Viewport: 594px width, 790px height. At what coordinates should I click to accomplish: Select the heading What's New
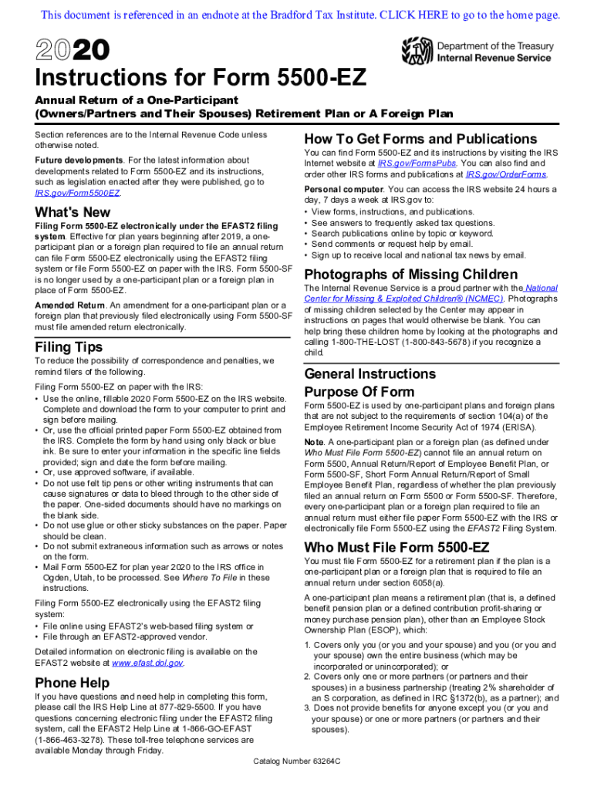pyautogui.click(x=73, y=212)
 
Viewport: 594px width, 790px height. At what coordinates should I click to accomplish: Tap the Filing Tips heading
pyautogui.click(x=69, y=347)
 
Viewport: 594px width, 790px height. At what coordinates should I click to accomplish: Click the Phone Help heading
pyautogui.click(x=73, y=683)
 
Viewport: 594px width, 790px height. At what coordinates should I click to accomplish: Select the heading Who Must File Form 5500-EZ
pyautogui.click(x=397, y=548)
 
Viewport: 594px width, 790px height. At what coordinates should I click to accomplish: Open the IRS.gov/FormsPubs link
pyautogui.click(x=417, y=164)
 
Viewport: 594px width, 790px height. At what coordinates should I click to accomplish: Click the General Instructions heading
pyautogui.click(x=370, y=374)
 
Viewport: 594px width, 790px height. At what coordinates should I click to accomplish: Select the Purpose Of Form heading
pyautogui.click(x=359, y=391)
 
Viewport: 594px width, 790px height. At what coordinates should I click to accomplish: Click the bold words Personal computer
pyautogui.click(x=343, y=189)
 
